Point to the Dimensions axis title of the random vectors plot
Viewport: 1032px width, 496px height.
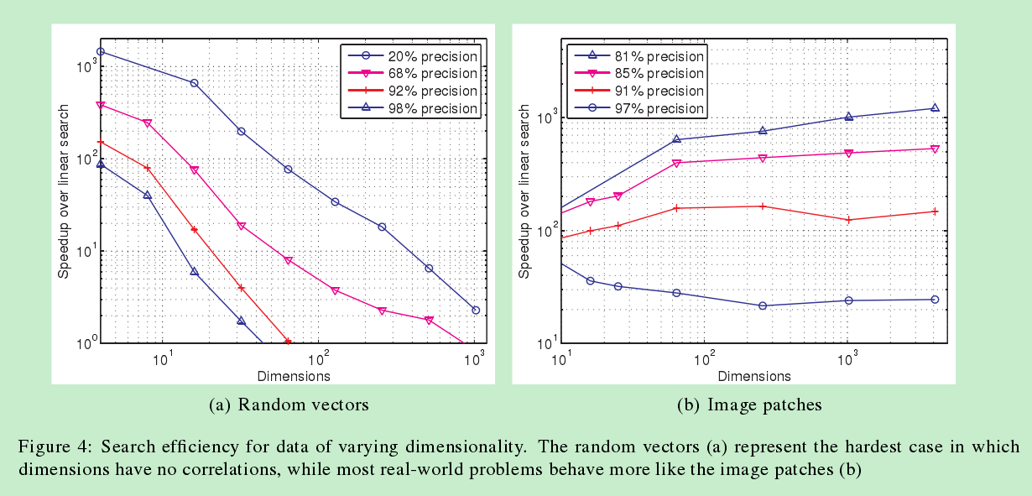point(293,375)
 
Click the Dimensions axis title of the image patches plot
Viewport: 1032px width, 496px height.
point(754,375)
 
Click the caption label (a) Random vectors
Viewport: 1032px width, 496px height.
point(289,405)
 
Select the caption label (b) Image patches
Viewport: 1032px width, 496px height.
point(749,405)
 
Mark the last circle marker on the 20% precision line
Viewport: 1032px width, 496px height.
point(476,311)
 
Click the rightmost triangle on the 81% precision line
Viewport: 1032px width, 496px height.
point(935,107)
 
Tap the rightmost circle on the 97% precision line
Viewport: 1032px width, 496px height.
point(935,300)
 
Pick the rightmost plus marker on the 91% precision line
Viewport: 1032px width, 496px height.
point(935,211)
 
